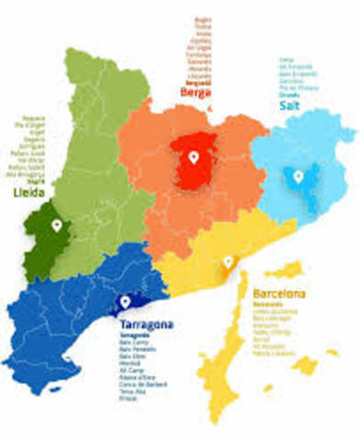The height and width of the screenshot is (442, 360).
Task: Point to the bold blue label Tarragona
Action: tap(149, 326)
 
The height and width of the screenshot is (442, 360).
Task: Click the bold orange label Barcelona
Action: tap(280, 295)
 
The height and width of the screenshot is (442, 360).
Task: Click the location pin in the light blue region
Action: tap(297, 175)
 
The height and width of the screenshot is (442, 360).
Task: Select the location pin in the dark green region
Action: tap(56, 225)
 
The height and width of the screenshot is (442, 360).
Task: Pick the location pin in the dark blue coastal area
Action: tap(126, 300)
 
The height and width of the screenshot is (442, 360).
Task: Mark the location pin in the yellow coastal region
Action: tap(227, 262)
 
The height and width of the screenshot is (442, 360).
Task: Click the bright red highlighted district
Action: tap(195, 163)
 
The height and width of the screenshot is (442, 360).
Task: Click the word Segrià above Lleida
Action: tap(38, 181)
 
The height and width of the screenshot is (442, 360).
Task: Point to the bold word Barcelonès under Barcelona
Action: tap(269, 306)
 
